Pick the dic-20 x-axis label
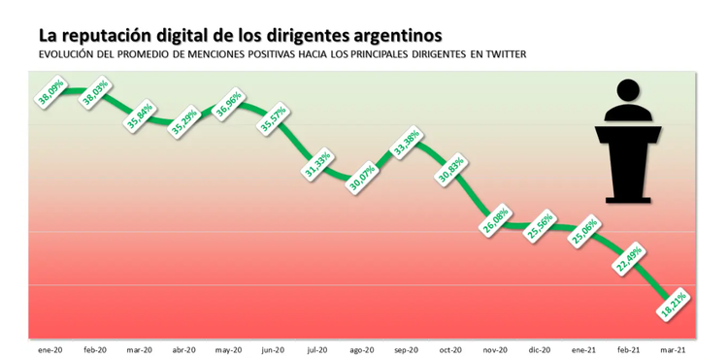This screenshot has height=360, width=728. tap(540, 349)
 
